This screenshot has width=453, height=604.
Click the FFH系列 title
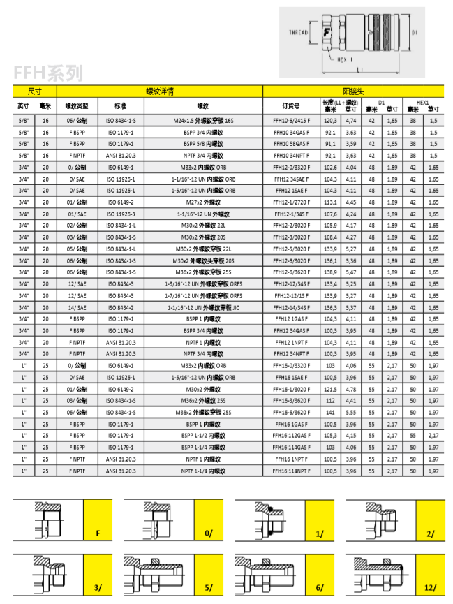coord(48,72)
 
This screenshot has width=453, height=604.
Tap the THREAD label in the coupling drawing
coord(298,32)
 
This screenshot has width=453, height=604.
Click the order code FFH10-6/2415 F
coord(292,120)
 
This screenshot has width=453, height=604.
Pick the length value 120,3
coord(330,120)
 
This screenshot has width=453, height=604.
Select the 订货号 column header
coord(292,106)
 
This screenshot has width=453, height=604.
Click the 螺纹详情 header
coord(159,91)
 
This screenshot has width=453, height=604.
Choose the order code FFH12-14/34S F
coord(292,307)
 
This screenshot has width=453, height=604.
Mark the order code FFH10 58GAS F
coord(292,143)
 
